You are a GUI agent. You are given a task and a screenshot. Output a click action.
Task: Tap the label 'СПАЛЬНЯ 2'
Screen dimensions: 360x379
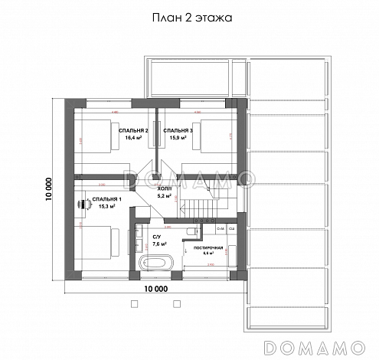134,130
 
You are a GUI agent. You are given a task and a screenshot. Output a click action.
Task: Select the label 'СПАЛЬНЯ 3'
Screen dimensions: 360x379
178,130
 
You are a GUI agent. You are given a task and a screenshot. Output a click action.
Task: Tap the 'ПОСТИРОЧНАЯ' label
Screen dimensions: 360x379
207,250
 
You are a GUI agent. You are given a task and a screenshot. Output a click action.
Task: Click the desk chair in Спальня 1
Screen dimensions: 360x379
81,205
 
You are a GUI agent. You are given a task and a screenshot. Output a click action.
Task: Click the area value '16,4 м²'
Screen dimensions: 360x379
134,139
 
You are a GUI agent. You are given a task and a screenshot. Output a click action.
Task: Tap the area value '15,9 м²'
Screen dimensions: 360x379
178,139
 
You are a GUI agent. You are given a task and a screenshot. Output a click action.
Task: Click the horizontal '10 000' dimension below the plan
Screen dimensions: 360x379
155,289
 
